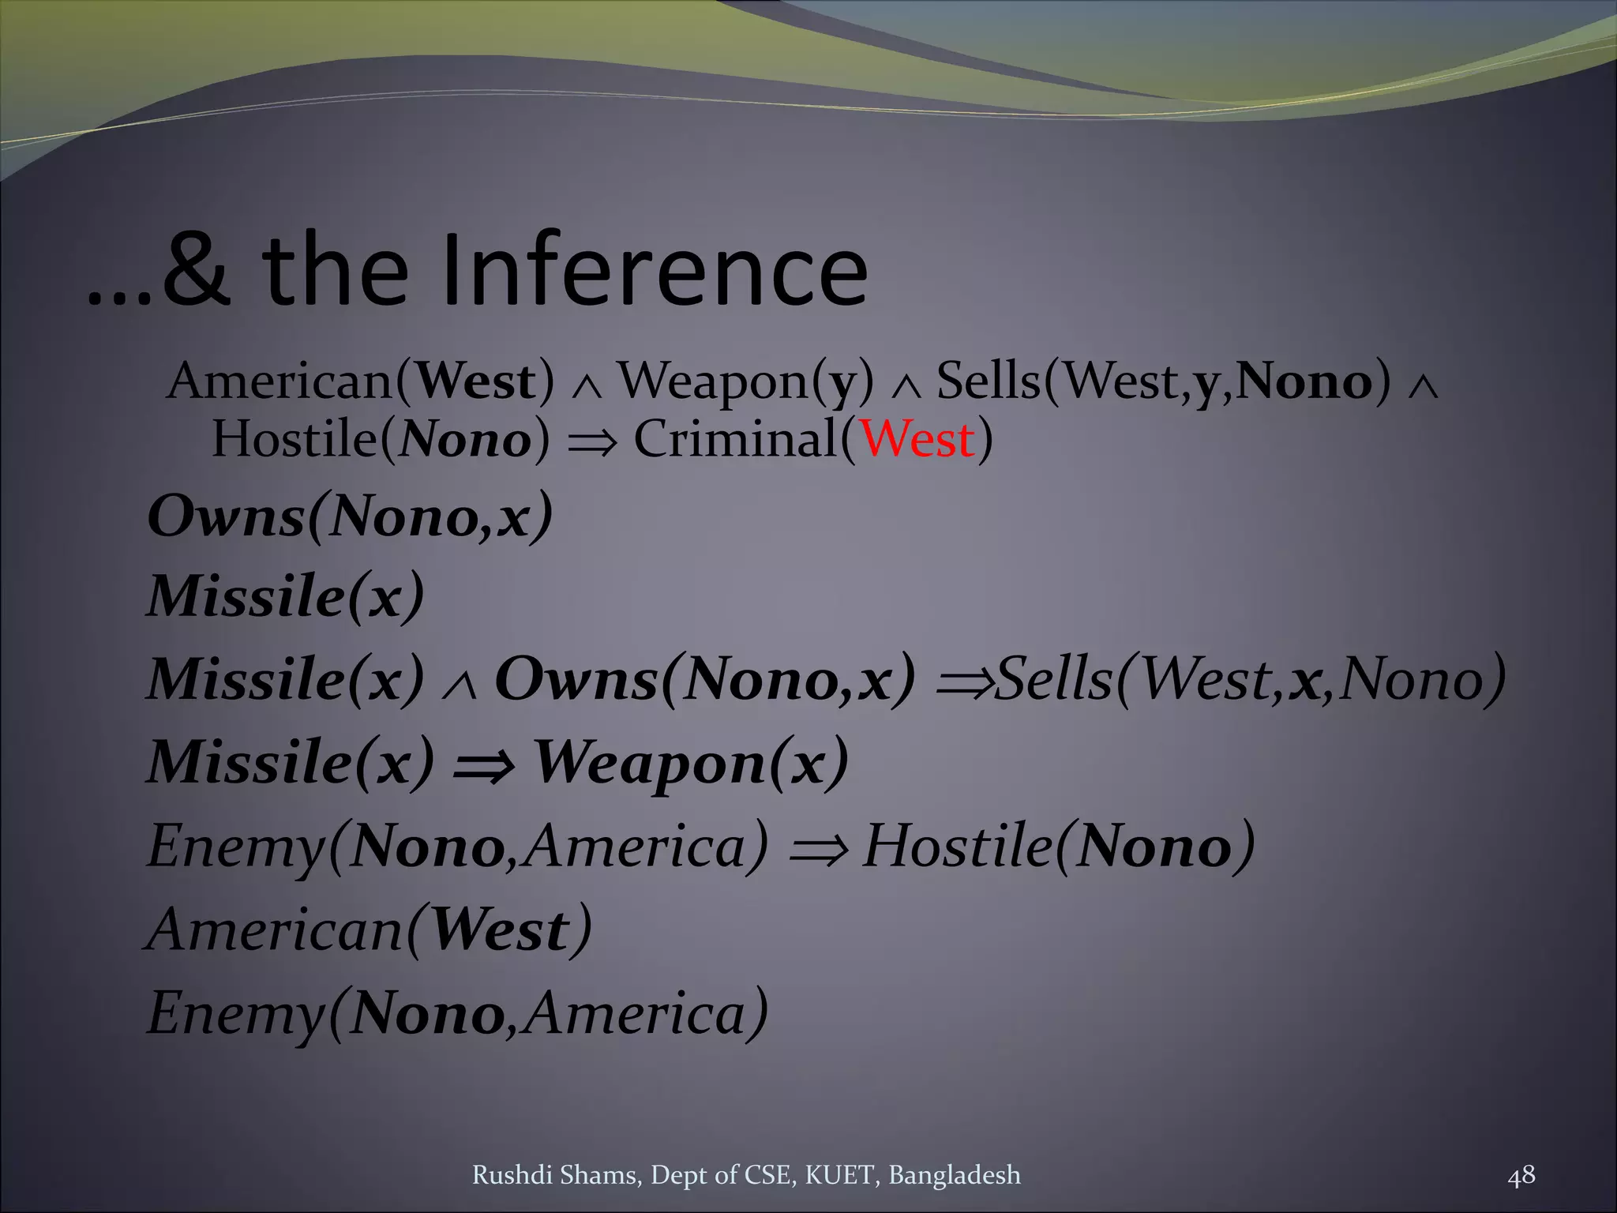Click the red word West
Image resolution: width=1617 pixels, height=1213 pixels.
917,439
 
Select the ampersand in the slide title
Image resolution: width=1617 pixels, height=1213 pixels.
197,270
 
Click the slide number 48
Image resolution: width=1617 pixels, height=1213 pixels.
1521,1175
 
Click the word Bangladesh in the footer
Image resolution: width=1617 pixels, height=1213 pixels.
954,1175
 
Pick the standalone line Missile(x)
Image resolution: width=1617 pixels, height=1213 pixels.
286,596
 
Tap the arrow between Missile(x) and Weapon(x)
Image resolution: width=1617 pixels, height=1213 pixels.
483,764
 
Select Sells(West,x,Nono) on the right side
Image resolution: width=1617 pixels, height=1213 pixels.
1251,679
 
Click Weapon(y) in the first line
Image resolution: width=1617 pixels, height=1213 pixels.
746,381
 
